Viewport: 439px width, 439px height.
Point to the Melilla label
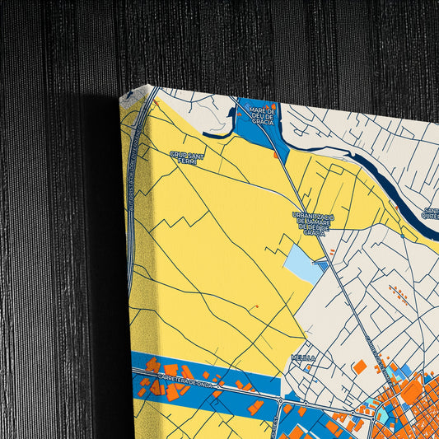tap(302, 357)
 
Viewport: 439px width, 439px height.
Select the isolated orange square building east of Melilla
tap(360, 367)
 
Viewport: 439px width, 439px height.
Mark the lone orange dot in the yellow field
tap(256, 306)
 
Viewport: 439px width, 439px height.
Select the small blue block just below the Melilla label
tap(306, 368)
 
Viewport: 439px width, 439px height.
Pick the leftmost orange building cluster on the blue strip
tap(153, 365)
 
